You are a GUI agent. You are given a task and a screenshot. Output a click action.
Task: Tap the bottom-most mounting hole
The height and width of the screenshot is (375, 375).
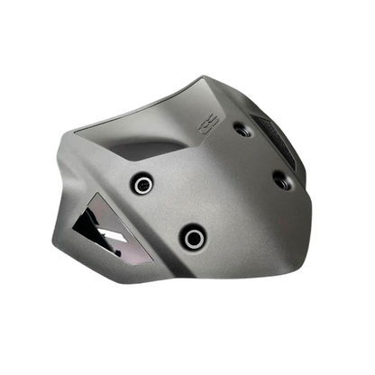(x=193, y=238)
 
